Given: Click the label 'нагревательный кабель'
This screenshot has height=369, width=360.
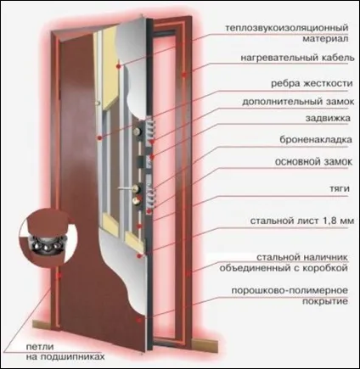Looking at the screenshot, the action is [297, 58].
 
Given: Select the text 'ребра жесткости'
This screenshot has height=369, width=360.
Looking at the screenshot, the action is [312, 84].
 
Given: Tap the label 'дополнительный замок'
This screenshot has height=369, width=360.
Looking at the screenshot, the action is [298, 102].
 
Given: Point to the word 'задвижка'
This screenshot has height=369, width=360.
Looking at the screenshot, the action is [328, 118].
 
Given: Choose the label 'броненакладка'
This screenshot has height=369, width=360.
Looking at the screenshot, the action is [316, 139].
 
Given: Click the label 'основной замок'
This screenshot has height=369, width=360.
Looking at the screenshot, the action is [314, 162].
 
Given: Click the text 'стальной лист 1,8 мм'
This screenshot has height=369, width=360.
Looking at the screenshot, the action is [302, 221].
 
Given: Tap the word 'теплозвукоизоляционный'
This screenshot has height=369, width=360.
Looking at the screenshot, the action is [287, 28].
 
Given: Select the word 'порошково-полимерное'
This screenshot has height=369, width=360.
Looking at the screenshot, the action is [290, 290].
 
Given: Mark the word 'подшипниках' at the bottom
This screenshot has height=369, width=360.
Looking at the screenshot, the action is [73, 357].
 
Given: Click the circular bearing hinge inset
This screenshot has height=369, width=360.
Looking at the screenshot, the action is [47, 237].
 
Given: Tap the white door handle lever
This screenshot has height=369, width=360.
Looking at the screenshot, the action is [126, 187].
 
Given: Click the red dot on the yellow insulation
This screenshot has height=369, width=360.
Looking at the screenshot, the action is [118, 66].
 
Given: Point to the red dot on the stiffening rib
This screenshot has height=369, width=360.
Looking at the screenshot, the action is [99, 137].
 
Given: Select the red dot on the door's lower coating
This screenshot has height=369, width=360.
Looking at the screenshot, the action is [138, 320].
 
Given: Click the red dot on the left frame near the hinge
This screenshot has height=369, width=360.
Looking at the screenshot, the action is [59, 276].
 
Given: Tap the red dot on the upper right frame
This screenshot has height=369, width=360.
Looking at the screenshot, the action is [184, 75].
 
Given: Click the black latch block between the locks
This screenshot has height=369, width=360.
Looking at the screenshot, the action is [140, 161].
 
